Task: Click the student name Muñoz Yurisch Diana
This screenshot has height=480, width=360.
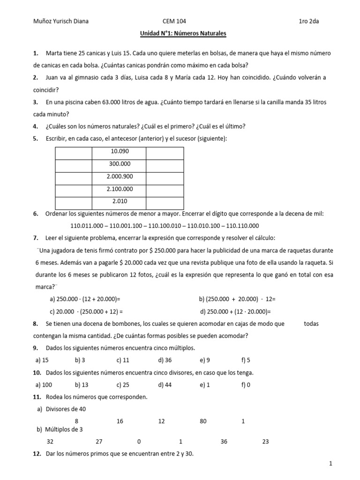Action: (61, 21)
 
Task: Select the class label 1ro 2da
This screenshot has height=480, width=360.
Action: (312, 21)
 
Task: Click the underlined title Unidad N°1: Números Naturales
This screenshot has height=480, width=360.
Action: (183, 34)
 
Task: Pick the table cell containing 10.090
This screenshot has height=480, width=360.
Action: (120, 152)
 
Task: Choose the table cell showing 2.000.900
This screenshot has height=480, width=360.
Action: (120, 177)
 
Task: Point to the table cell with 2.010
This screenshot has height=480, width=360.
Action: (120, 202)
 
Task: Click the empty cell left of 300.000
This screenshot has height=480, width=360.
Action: (74, 165)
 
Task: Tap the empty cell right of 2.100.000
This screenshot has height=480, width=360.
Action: (165, 189)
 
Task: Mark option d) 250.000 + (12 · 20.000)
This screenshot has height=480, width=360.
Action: (236, 311)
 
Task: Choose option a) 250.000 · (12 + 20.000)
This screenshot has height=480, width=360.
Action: (85, 299)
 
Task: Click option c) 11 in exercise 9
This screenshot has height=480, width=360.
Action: (123, 360)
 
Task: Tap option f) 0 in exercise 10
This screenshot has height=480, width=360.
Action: (246, 385)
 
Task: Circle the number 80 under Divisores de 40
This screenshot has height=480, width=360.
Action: (203, 421)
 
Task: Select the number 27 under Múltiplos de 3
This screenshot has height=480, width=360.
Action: (99, 442)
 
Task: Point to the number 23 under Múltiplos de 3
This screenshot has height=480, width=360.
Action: (266, 442)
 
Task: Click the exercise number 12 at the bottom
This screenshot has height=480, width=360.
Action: (37, 454)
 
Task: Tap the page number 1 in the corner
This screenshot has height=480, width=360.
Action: (330, 464)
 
